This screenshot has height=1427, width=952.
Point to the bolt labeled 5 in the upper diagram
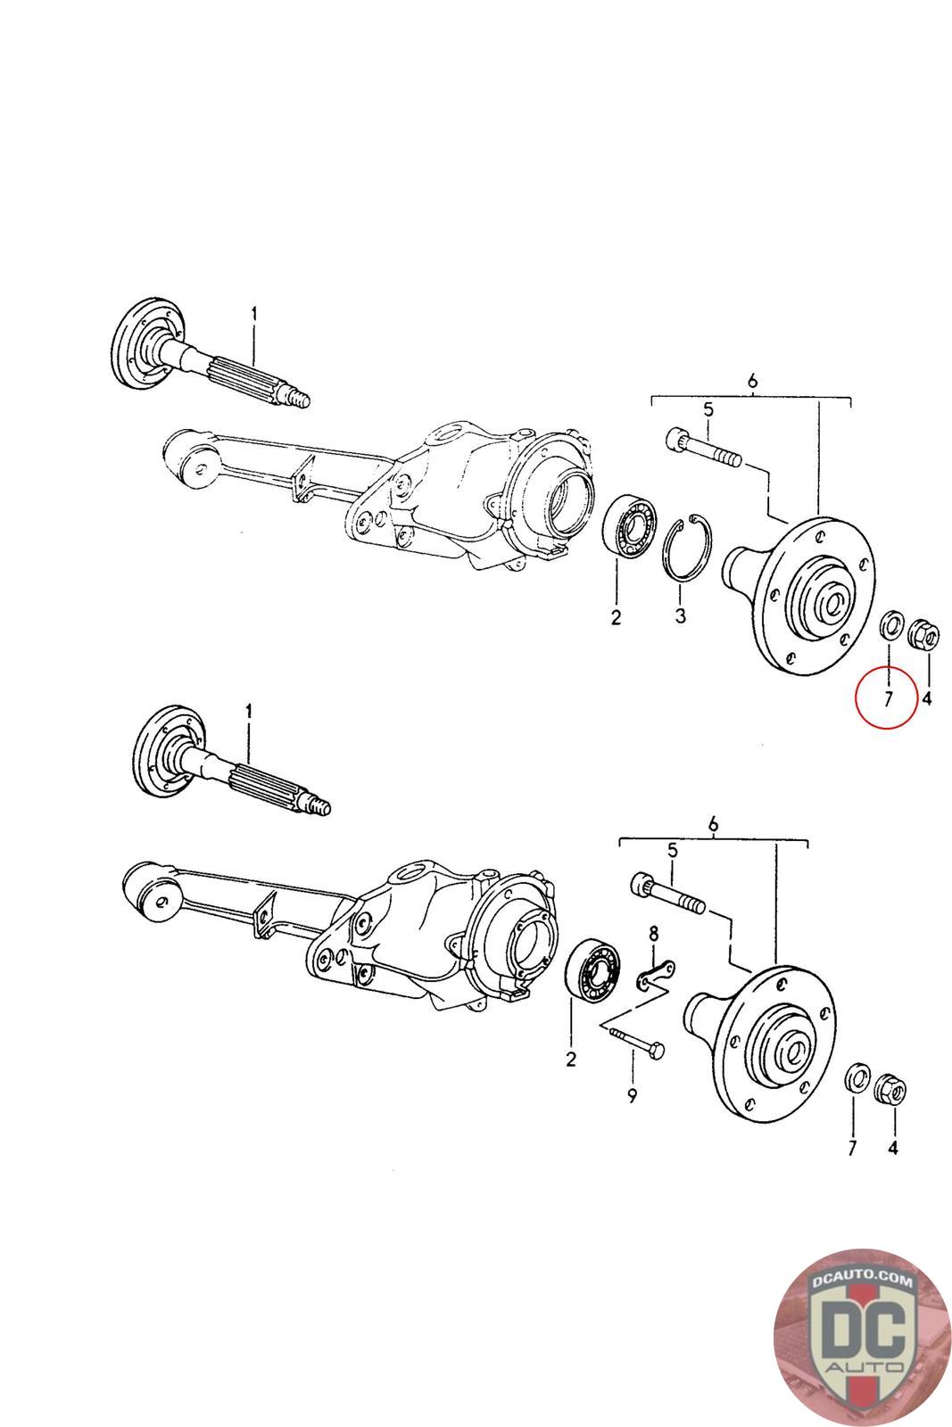point(701,448)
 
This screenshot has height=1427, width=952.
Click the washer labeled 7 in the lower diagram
point(856,1076)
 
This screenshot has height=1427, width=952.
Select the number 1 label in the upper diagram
point(253,314)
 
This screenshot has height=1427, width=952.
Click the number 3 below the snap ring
point(680,616)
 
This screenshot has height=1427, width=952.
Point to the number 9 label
point(632,1096)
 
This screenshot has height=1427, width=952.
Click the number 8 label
point(653,934)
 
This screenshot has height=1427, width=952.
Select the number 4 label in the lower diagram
point(892,1148)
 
